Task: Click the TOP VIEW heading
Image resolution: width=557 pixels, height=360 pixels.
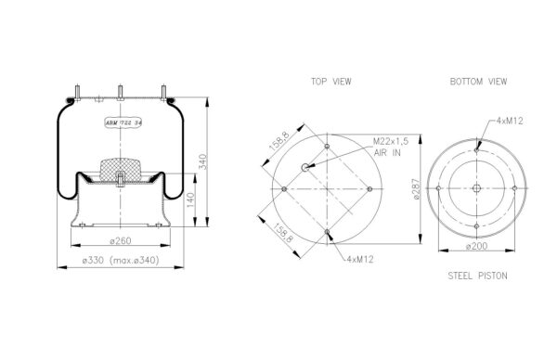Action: [331, 82]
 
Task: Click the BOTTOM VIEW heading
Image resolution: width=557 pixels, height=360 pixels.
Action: [478, 82]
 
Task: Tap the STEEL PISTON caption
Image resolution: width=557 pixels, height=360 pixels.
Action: [477, 276]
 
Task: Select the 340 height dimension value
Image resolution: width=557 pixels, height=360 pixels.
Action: [202, 161]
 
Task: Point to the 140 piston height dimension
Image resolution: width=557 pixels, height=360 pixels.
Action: [190, 200]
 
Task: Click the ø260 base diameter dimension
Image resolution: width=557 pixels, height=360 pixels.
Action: [121, 240]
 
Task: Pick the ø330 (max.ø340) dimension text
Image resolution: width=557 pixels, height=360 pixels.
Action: [121, 260]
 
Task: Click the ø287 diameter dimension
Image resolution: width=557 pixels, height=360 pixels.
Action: [416, 189]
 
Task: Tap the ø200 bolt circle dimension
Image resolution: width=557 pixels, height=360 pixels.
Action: [477, 246]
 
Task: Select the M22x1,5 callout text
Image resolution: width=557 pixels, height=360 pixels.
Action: [391, 141]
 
